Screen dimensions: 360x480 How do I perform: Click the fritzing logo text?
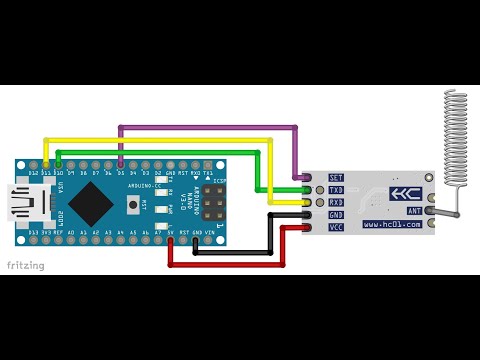pos(24,265)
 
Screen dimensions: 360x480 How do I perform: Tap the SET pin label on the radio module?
pos(336,177)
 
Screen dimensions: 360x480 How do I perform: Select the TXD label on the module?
pos(336,190)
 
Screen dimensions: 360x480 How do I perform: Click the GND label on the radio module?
pos(336,215)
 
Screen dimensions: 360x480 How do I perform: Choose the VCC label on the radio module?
pos(336,228)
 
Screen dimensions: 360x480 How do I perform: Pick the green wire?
pos(160,152)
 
